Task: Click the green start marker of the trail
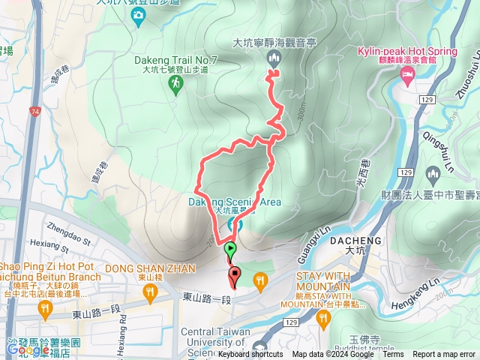229,250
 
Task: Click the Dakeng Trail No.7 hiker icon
175,87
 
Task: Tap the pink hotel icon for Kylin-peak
407,73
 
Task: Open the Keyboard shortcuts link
250,355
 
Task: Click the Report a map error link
445,355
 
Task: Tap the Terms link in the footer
393,355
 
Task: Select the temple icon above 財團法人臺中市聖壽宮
432,175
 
